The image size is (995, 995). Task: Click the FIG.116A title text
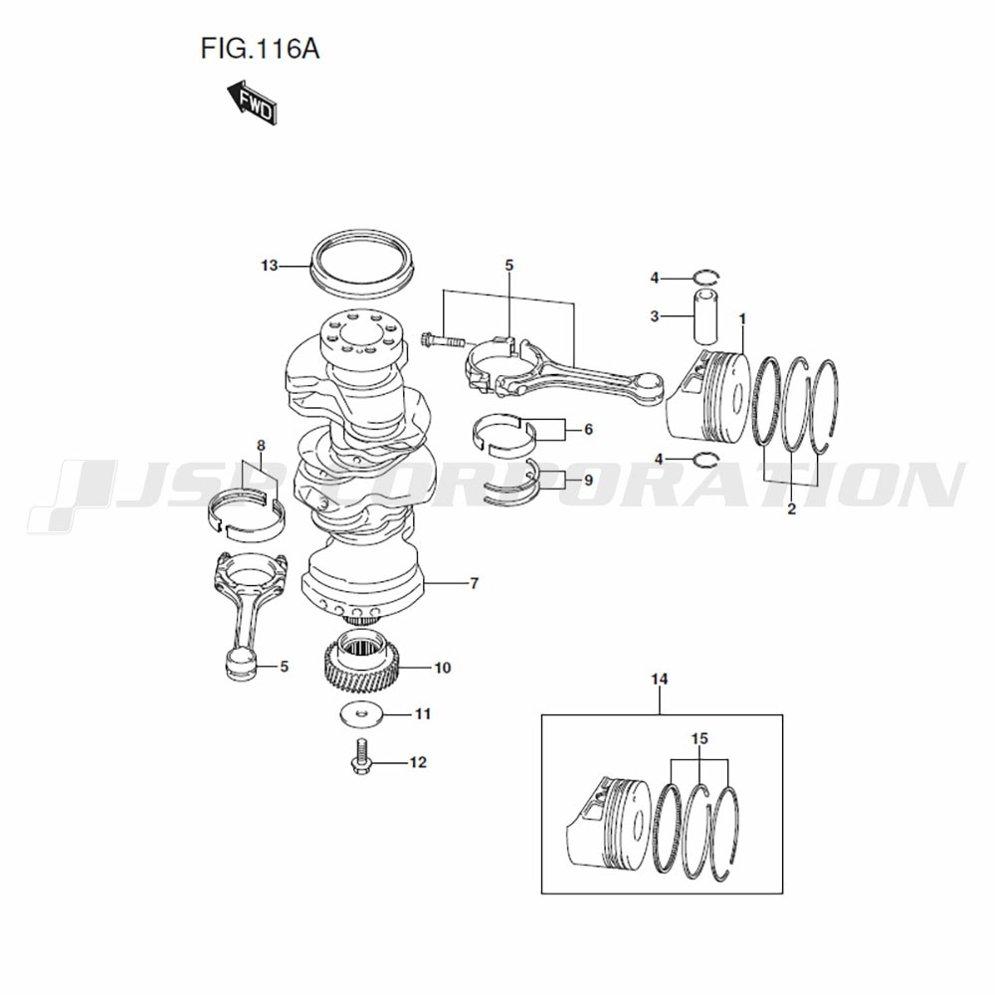(x=260, y=48)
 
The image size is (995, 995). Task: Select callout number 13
(x=270, y=266)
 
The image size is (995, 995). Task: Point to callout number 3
(x=655, y=316)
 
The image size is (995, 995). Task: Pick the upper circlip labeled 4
(x=706, y=277)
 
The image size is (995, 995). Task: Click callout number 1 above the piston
(x=742, y=318)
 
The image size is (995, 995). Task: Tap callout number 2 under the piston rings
(x=791, y=508)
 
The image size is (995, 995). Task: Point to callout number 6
(x=588, y=430)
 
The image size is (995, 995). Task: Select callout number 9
(x=588, y=481)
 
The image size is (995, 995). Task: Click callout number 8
(x=261, y=445)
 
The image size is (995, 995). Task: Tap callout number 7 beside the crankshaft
(x=474, y=582)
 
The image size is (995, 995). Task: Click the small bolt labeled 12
(x=360, y=757)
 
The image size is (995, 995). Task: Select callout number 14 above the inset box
(x=660, y=679)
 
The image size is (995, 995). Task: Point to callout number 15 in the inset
(x=699, y=738)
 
